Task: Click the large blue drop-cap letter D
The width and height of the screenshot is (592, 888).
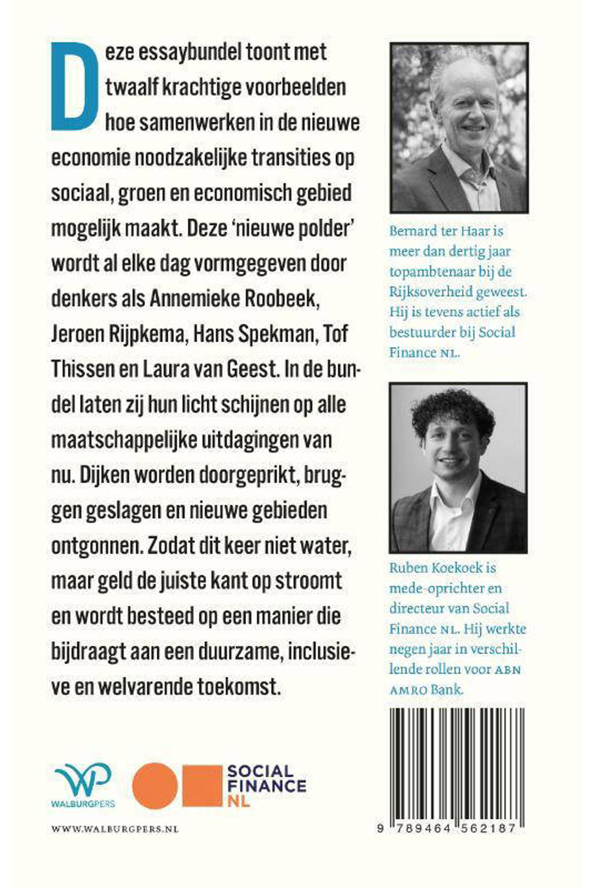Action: (x=73, y=87)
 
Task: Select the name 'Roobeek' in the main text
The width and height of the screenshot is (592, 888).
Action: (x=281, y=298)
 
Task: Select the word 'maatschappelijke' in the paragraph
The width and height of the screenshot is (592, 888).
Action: (x=123, y=439)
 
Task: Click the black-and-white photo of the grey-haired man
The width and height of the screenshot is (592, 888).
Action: (x=459, y=128)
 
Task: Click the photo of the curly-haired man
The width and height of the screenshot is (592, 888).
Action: (x=458, y=467)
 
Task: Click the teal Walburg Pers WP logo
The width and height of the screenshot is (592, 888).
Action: (x=84, y=784)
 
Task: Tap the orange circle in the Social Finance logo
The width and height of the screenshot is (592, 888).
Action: (x=154, y=785)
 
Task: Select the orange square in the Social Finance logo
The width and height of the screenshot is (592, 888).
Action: (x=202, y=785)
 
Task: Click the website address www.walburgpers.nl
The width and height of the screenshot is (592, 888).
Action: (x=115, y=829)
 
